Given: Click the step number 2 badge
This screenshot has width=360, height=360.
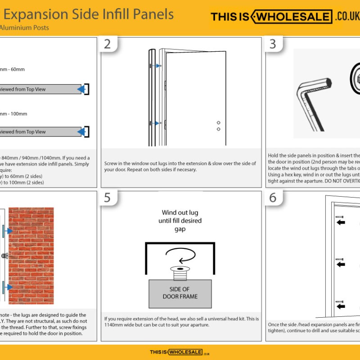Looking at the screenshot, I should (x=107, y=44).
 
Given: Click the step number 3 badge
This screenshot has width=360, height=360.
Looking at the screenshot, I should (x=273, y=44).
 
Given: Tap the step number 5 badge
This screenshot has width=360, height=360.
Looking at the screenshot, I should (x=107, y=198).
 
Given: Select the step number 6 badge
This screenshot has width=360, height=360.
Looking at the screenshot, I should (x=273, y=198).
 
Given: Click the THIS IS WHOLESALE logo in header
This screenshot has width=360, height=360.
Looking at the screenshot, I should (x=285, y=17).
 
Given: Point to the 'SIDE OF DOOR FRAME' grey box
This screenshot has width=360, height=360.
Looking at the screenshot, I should (x=180, y=293).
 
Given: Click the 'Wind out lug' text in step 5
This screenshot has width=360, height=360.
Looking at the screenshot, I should (x=180, y=213).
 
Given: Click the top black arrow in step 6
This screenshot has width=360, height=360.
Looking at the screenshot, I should (x=341, y=222).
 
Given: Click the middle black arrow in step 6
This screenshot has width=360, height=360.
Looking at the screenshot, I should (x=341, y=264).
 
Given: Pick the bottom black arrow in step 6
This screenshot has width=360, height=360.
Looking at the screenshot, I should (x=341, y=306).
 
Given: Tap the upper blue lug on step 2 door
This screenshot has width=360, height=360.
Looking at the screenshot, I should (x=158, y=66).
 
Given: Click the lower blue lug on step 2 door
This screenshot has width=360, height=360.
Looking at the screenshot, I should (x=158, y=123).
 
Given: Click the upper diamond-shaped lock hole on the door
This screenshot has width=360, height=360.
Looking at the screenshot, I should (x=218, y=122).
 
